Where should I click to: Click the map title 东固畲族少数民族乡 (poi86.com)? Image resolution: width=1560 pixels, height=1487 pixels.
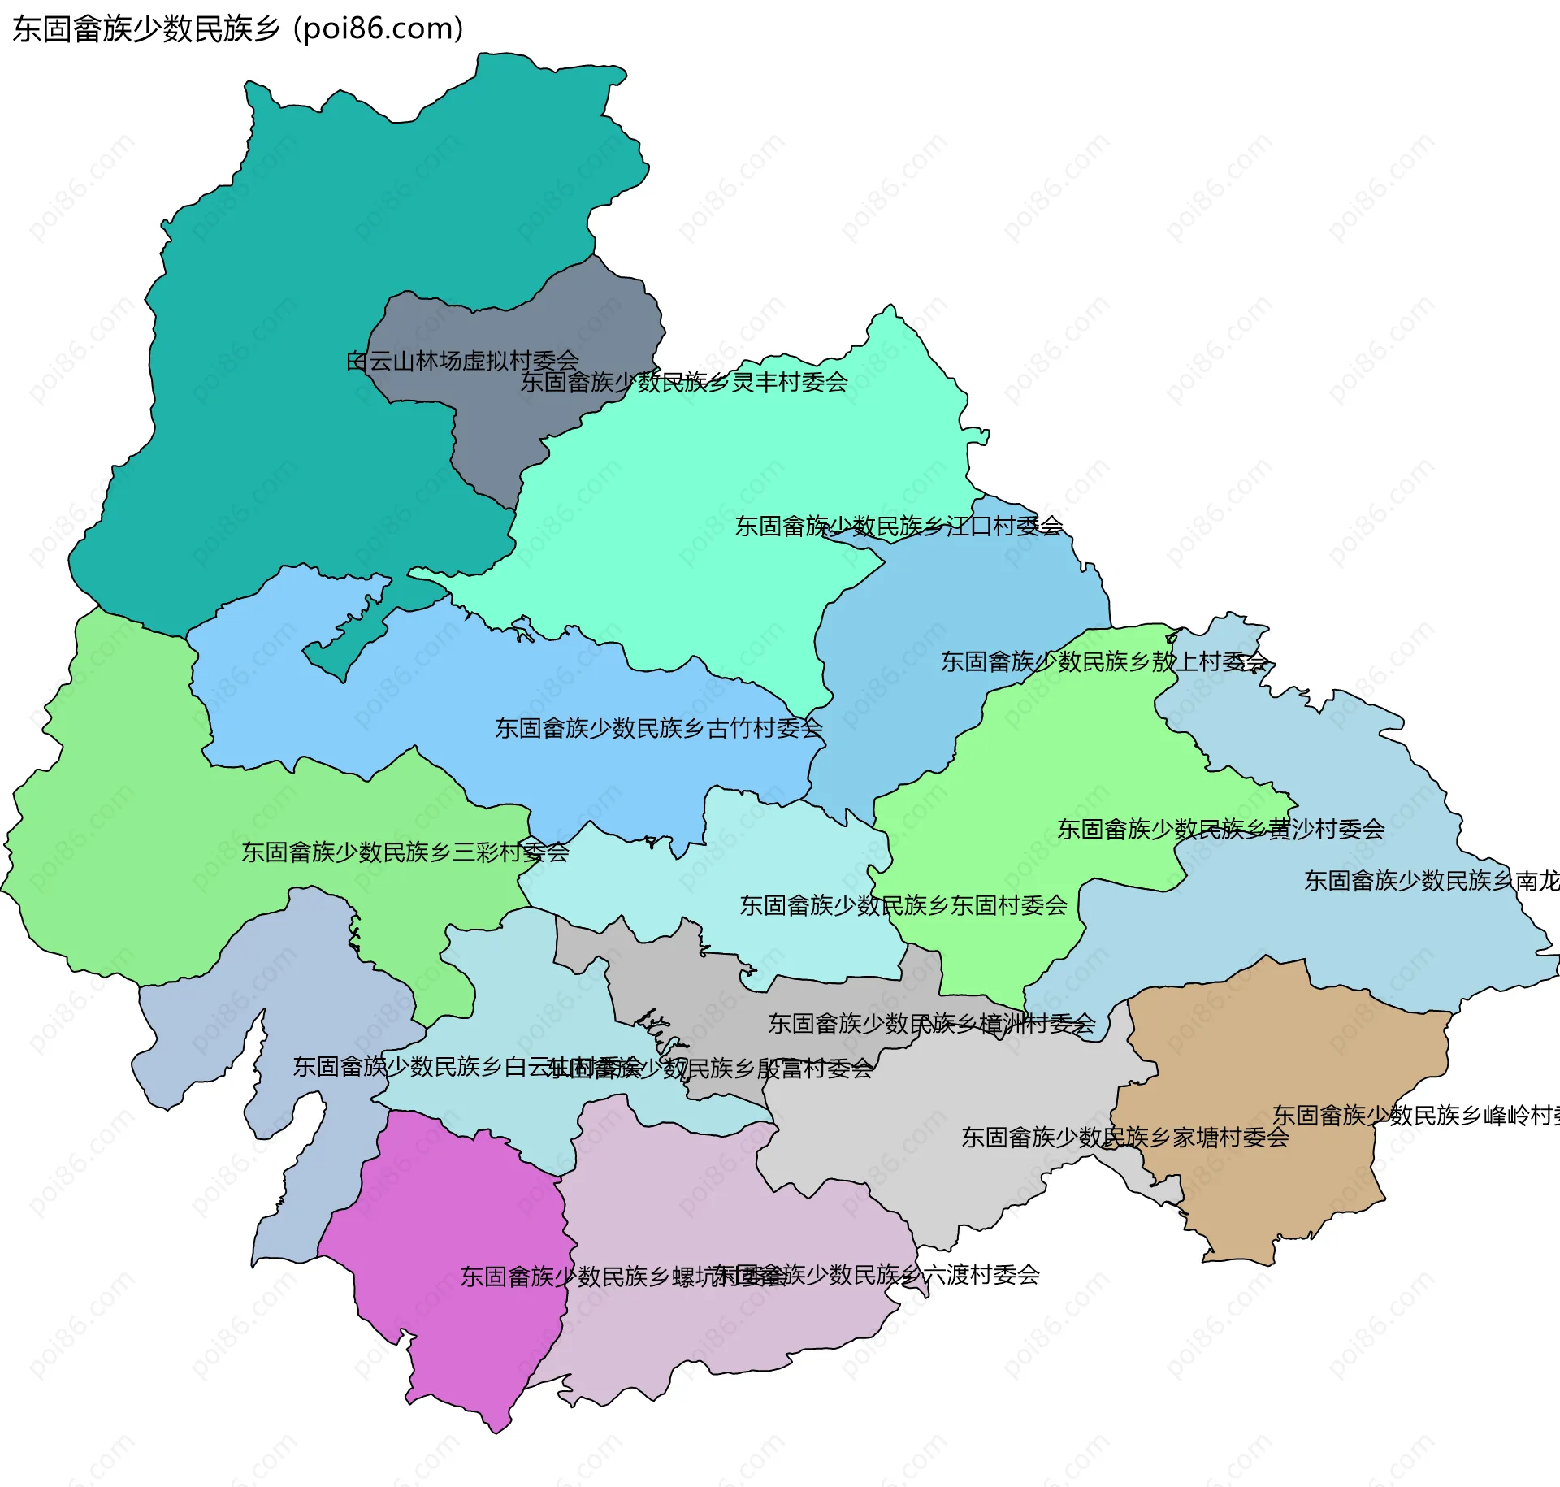[237, 29]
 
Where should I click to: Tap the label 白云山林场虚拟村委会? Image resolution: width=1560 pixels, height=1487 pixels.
[462, 361]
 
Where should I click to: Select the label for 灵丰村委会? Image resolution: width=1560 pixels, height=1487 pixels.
[684, 382]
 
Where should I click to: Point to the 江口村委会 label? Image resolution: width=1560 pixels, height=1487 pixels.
[899, 527]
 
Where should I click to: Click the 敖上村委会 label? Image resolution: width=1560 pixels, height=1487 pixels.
[1104, 662]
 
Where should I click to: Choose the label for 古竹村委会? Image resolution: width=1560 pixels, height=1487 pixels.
[659, 729]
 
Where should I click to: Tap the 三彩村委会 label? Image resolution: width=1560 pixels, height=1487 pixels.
[405, 852]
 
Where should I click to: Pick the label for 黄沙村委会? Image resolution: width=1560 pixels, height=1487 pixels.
[1220, 830]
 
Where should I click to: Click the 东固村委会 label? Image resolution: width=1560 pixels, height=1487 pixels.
[903, 905]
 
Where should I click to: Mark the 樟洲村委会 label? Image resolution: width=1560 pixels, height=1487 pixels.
[931, 1024]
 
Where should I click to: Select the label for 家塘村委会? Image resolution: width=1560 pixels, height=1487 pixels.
[1125, 1138]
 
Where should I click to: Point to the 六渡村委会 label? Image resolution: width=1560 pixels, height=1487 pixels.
[877, 1275]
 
